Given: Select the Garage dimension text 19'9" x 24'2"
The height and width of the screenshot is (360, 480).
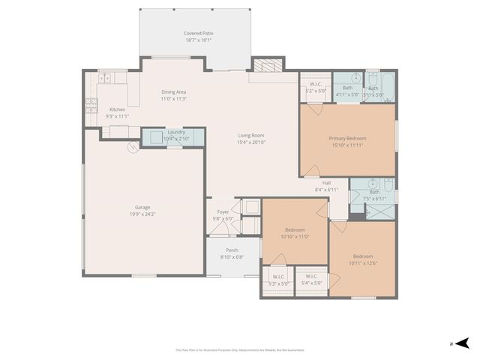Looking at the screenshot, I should [x=142, y=214].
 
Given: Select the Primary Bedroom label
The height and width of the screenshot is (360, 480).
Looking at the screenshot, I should [x=347, y=138].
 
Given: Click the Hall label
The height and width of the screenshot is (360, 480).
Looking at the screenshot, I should [x=326, y=182].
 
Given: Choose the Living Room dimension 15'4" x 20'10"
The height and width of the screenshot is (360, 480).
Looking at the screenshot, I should [x=251, y=142].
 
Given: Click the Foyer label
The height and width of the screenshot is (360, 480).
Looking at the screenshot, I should [x=223, y=212].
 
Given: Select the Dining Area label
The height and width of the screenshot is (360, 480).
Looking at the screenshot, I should [x=173, y=92].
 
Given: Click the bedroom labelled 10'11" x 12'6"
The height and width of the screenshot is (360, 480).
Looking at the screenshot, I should [x=362, y=259].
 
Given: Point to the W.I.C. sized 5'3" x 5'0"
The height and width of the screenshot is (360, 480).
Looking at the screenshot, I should [x=277, y=280].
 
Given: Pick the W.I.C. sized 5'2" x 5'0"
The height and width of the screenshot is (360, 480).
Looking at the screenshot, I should [x=314, y=87].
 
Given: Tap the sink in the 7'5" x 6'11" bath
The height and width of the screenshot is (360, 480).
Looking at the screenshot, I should [x=372, y=184].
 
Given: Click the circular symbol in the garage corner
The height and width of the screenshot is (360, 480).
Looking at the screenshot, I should [x=133, y=148].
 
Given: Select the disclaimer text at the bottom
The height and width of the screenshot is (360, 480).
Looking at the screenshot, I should [x=240, y=349].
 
